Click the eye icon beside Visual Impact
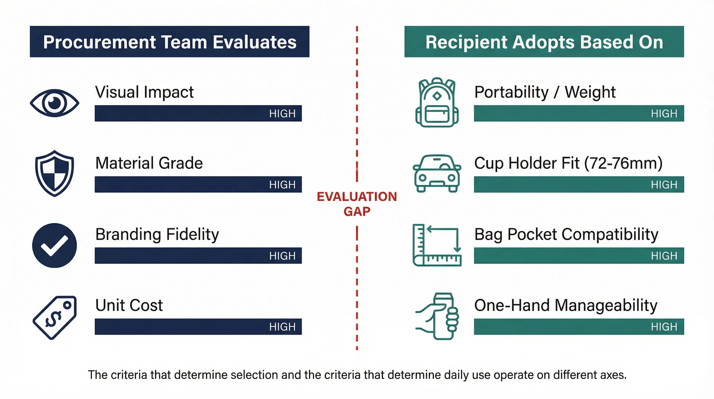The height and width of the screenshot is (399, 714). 55,103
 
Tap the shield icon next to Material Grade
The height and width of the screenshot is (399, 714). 55,173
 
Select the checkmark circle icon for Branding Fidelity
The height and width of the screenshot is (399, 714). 55,245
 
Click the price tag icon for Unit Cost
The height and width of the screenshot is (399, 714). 55,317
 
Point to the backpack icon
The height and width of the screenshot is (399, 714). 437,102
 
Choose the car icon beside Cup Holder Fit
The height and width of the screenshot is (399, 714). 437,173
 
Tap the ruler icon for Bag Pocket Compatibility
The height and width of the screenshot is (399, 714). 437,245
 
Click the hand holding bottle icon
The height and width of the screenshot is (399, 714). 437,316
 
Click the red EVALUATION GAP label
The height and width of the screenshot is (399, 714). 357,204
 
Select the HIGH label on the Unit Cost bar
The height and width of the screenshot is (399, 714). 282,327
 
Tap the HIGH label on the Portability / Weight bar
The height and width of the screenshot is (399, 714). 664,114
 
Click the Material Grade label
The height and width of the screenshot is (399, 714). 149,163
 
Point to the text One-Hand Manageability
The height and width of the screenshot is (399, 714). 566,306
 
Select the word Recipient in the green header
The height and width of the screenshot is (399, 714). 466,42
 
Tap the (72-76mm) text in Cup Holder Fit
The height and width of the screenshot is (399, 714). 624,163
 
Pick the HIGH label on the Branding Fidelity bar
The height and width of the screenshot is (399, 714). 282,256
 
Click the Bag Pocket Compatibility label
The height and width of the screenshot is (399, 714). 566,234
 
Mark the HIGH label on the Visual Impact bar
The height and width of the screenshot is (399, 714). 282,114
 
